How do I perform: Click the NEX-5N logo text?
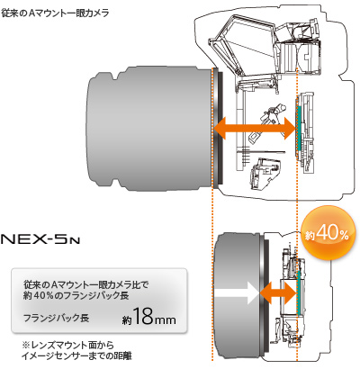(40, 240)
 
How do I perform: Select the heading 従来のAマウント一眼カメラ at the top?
(55, 13)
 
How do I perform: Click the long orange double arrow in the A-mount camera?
(255, 128)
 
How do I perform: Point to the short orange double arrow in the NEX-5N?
(278, 292)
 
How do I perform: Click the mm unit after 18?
(165, 319)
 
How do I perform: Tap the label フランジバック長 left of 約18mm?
(56, 318)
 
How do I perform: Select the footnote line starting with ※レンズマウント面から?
(67, 345)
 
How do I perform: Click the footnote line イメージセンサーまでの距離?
(76, 356)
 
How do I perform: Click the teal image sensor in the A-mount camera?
(298, 128)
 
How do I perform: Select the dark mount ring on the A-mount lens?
(219, 129)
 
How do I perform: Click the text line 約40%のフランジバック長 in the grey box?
(76, 296)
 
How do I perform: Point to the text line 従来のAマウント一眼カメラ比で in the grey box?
(86, 284)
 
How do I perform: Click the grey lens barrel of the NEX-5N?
(237, 295)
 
